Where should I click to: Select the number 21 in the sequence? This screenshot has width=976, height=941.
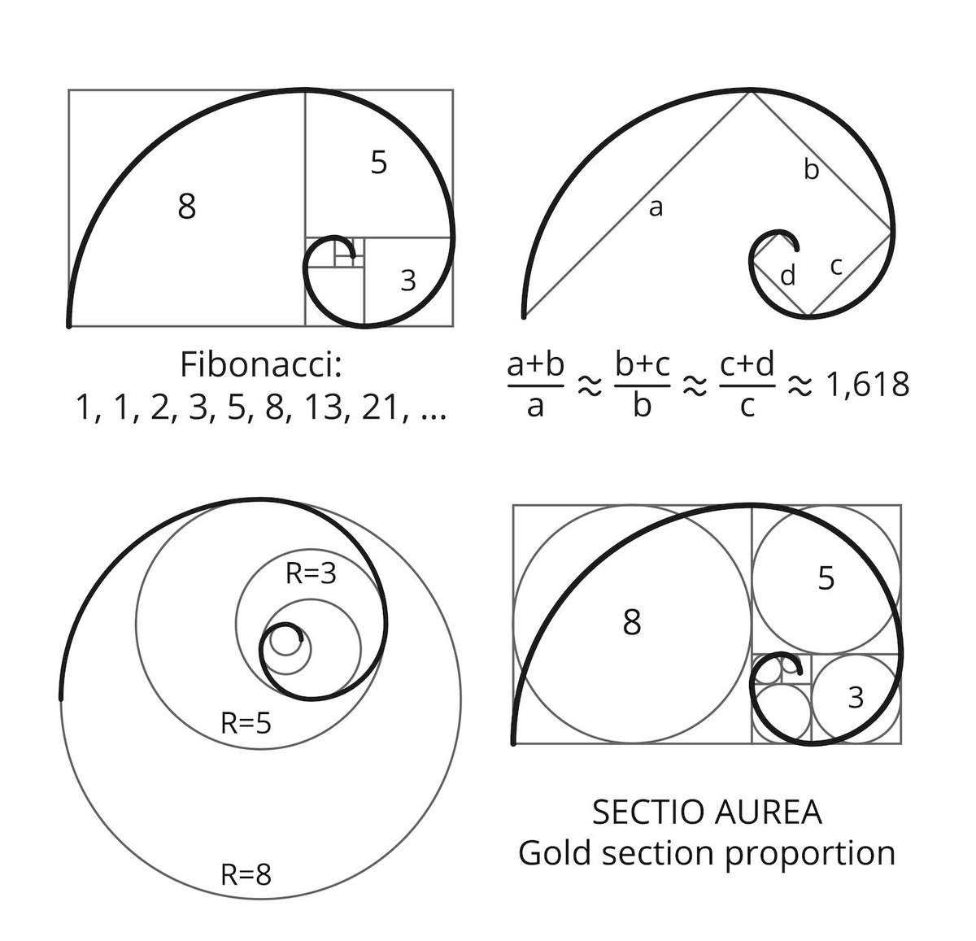383,407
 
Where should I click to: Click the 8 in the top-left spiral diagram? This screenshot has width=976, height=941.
186,206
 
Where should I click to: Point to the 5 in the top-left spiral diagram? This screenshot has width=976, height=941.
379,162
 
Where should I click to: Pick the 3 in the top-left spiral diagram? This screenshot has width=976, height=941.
408,281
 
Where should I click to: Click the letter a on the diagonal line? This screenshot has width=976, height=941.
656,208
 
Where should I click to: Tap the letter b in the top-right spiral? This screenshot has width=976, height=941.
811,168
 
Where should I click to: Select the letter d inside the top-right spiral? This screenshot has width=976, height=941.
788,275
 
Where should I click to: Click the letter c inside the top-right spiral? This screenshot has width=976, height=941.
835,267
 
